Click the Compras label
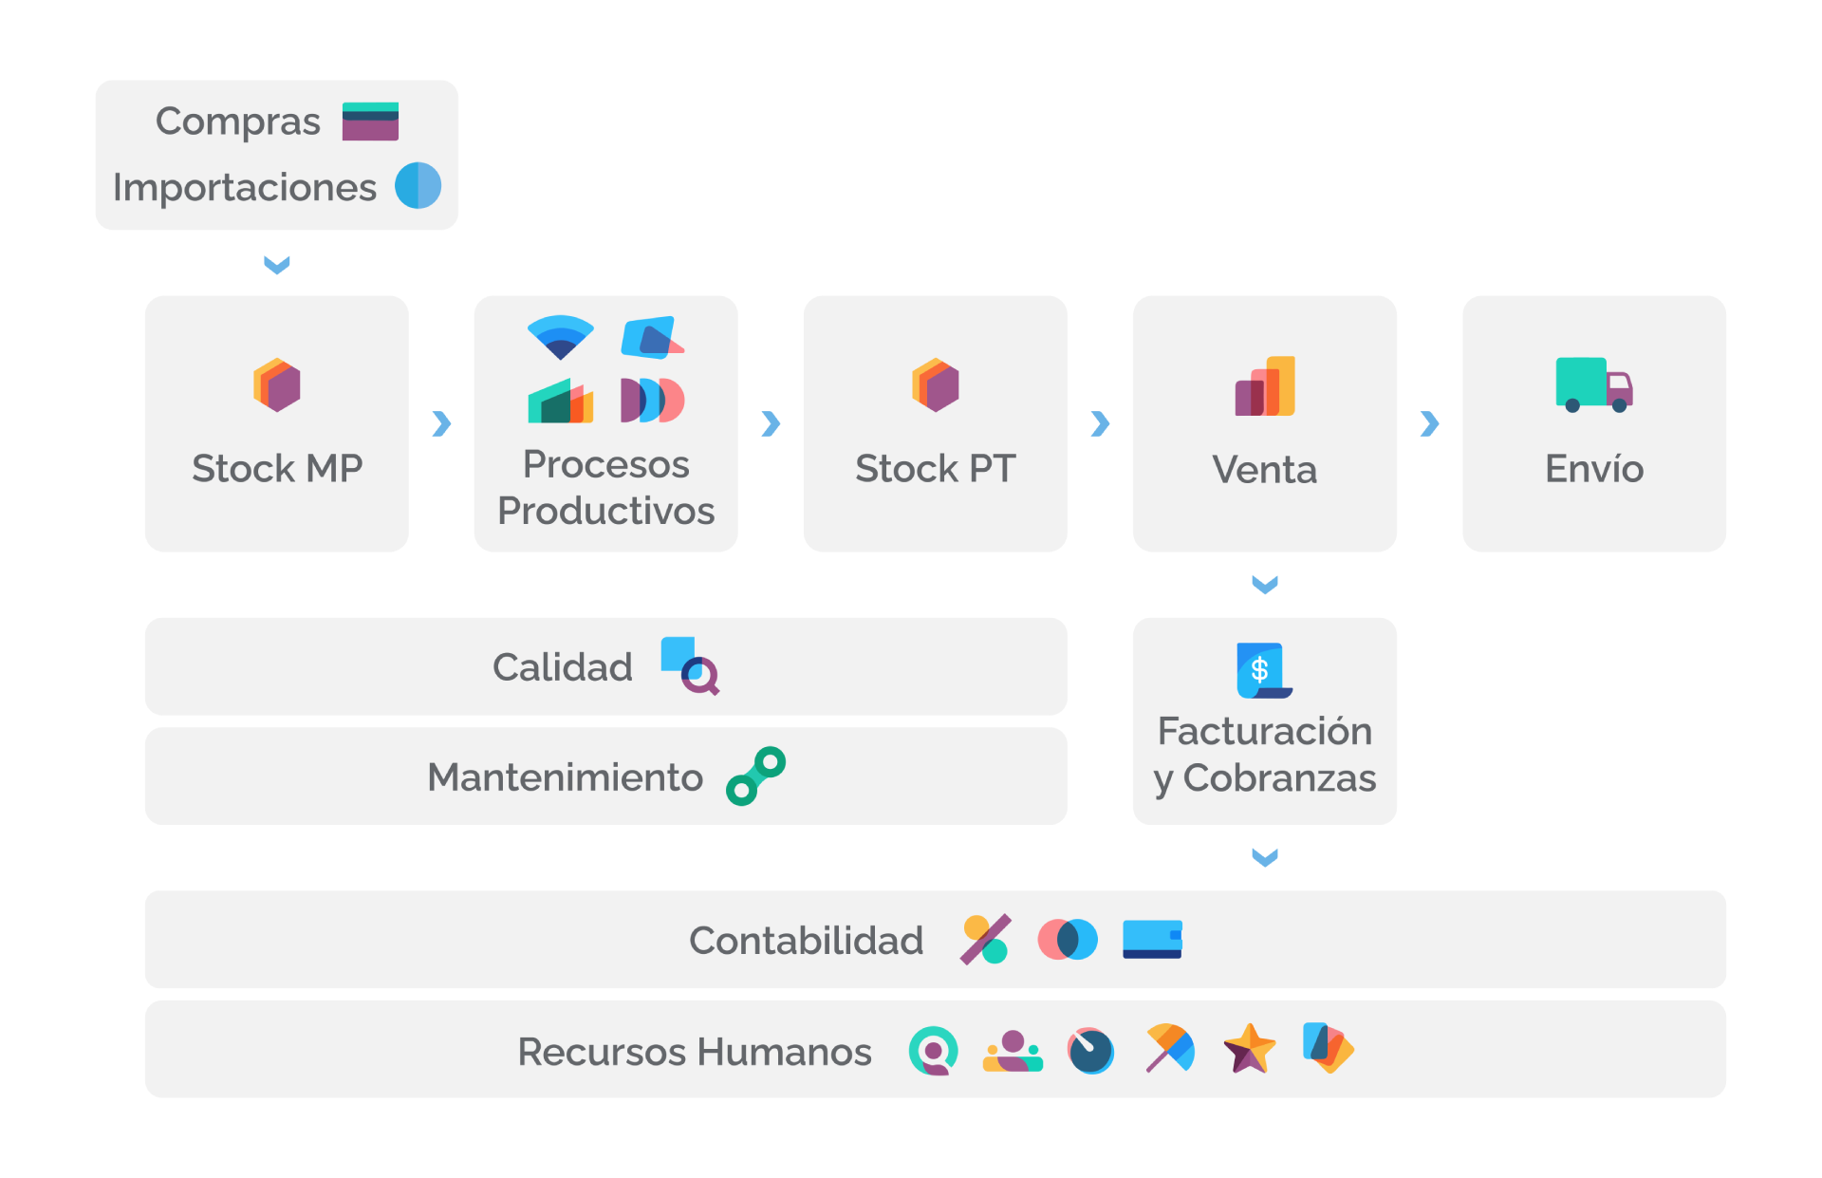tap(238, 122)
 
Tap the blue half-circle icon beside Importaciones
tap(418, 185)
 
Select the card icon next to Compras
tap(370, 122)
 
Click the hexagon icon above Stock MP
tap(277, 384)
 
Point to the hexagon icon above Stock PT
tap(936, 384)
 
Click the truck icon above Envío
tap(1594, 384)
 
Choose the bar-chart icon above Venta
tap(1265, 385)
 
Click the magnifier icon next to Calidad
tap(691, 665)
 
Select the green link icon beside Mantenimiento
tap(756, 776)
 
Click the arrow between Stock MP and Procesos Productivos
tap(441, 423)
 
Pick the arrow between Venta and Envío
tap(1429, 423)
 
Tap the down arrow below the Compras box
tap(277, 265)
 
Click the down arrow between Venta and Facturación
tap(1265, 585)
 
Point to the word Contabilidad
tap(807, 941)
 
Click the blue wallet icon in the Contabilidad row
tap(1152, 940)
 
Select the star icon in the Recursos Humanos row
tap(1249, 1049)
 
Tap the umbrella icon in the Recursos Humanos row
tap(1170, 1048)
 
